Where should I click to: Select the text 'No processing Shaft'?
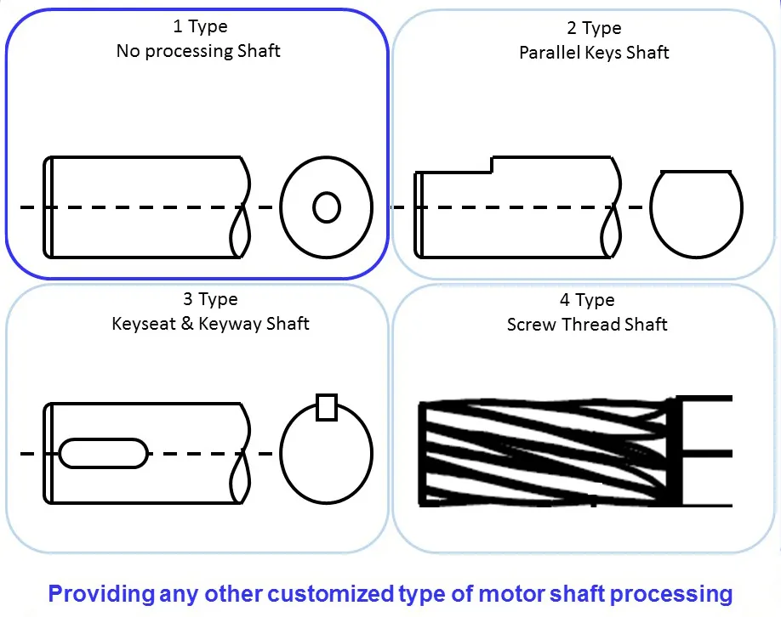point(197,51)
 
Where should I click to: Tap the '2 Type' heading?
point(594,29)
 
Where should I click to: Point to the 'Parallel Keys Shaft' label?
point(594,53)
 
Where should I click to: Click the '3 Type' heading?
point(209,300)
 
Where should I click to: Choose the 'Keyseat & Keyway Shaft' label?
point(210,324)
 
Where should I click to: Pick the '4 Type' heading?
point(586,301)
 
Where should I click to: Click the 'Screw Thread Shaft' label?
point(587,325)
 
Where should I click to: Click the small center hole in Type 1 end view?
point(327,207)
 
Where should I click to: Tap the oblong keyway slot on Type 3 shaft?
point(103,453)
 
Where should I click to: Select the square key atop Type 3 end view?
point(327,407)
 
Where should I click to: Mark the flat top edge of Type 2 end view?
point(696,172)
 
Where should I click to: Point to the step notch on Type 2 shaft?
point(492,164)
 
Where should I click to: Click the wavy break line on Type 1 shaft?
point(241,207)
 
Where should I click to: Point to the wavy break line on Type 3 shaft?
point(241,453)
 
